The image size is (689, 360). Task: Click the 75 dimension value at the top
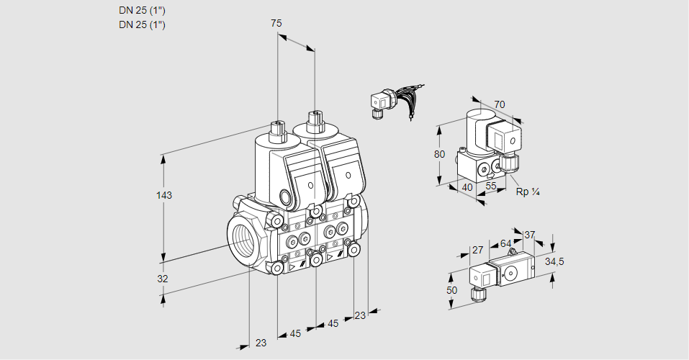(x=276, y=23)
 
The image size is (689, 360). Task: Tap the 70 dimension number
(x=499, y=104)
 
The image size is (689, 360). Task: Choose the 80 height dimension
(x=441, y=154)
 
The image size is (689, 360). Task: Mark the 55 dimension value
(x=491, y=186)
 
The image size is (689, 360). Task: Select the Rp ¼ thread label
(x=528, y=192)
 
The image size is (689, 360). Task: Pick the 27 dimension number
(x=477, y=251)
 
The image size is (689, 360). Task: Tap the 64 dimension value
(x=505, y=243)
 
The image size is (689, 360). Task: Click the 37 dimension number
(x=529, y=235)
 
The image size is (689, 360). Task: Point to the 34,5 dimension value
(x=554, y=261)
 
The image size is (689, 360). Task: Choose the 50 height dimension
(x=451, y=289)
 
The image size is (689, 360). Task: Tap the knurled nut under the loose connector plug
(x=376, y=112)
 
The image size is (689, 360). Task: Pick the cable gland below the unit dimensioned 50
(x=475, y=294)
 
